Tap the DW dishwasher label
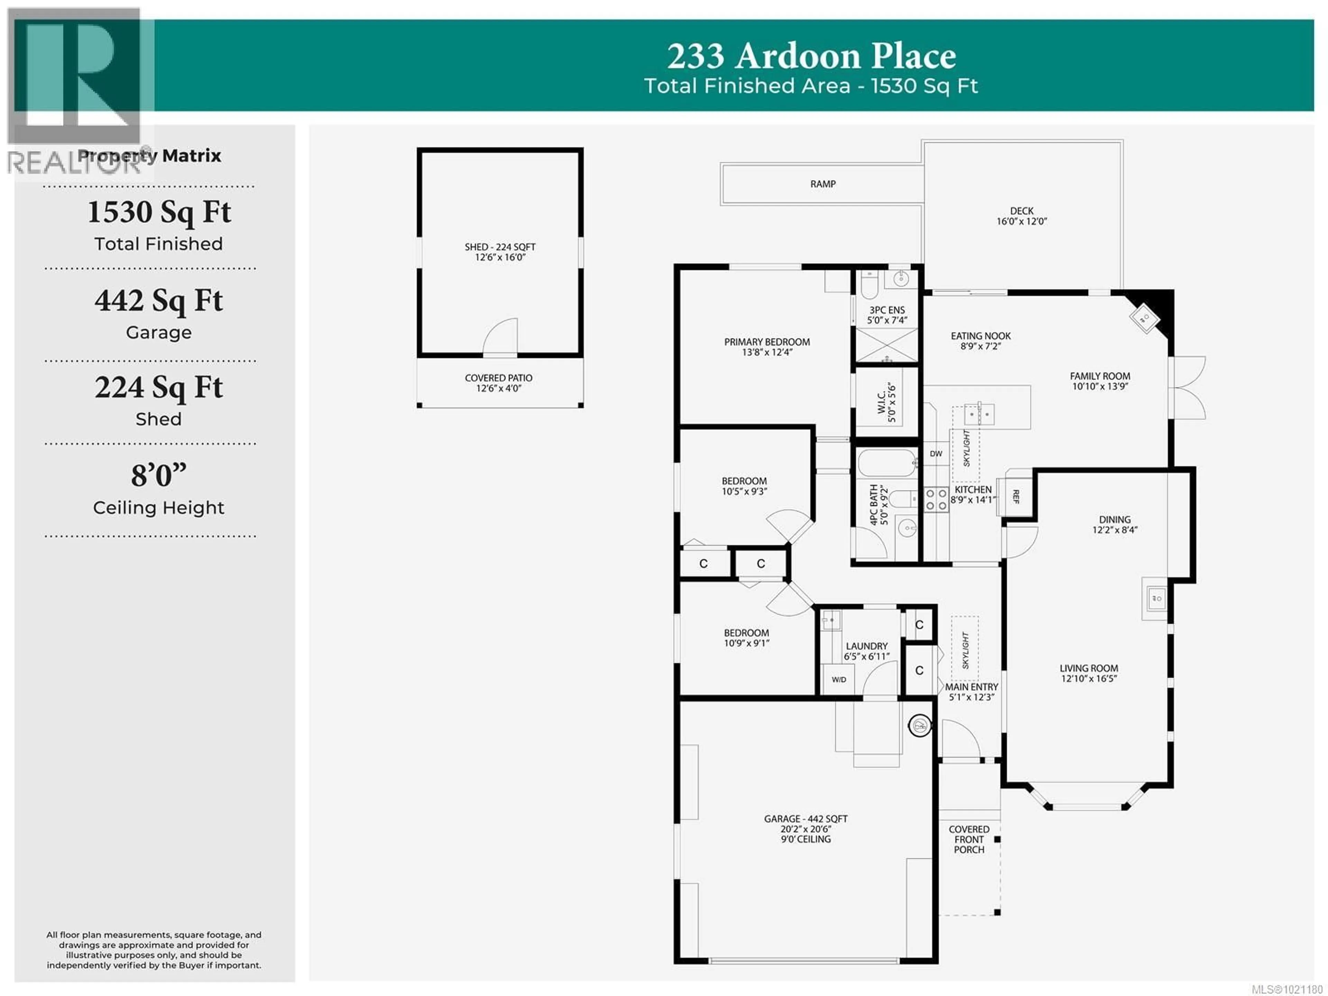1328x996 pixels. [935, 454]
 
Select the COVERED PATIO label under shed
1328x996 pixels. [498, 383]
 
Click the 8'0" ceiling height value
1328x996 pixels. [158, 476]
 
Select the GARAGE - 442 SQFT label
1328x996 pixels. [806, 829]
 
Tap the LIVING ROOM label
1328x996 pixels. [1088, 673]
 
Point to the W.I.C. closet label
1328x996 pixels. [886, 402]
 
